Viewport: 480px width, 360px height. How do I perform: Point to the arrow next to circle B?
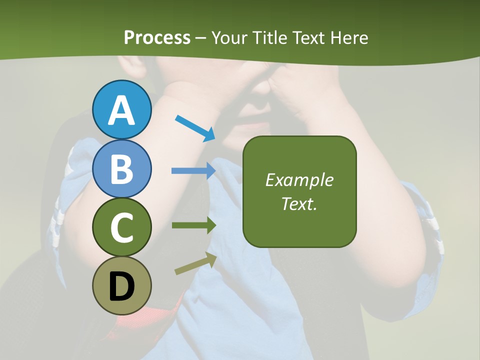pos(193,171)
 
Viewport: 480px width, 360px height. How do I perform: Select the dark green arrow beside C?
pos(193,225)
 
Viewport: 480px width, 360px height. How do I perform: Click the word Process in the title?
pos(157,38)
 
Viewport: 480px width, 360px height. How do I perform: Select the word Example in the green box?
pos(299,180)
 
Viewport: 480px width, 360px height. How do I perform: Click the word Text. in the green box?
pos(299,203)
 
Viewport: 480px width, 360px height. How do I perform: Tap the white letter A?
pos(122,110)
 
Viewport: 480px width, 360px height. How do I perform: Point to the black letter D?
pos(122,287)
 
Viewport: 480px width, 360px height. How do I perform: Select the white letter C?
pos(122,227)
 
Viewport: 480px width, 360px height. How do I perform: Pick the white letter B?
pos(122,169)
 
